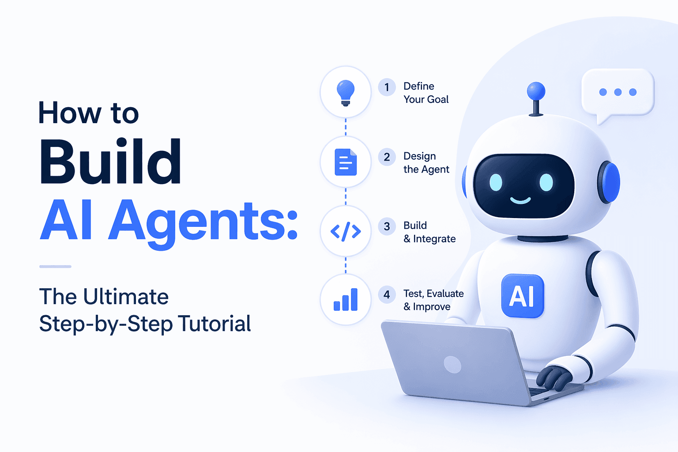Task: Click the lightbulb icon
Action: (x=346, y=92)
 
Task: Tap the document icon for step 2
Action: (x=346, y=162)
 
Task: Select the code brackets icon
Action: (x=346, y=231)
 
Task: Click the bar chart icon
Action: (x=346, y=300)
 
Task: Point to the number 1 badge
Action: (x=387, y=87)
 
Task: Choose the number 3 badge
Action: (x=387, y=226)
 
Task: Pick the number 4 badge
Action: (x=387, y=294)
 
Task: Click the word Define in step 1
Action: (x=419, y=86)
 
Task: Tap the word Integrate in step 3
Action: (x=434, y=239)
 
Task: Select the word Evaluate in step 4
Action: (x=445, y=294)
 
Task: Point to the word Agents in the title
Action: (x=203, y=221)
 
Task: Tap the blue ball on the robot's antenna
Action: (x=536, y=91)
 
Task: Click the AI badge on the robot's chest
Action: (x=523, y=296)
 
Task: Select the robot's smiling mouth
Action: (x=520, y=201)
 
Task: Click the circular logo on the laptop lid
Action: (x=452, y=365)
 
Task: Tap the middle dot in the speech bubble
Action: (x=618, y=92)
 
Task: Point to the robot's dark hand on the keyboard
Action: (x=554, y=377)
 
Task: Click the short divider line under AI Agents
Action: (x=55, y=267)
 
